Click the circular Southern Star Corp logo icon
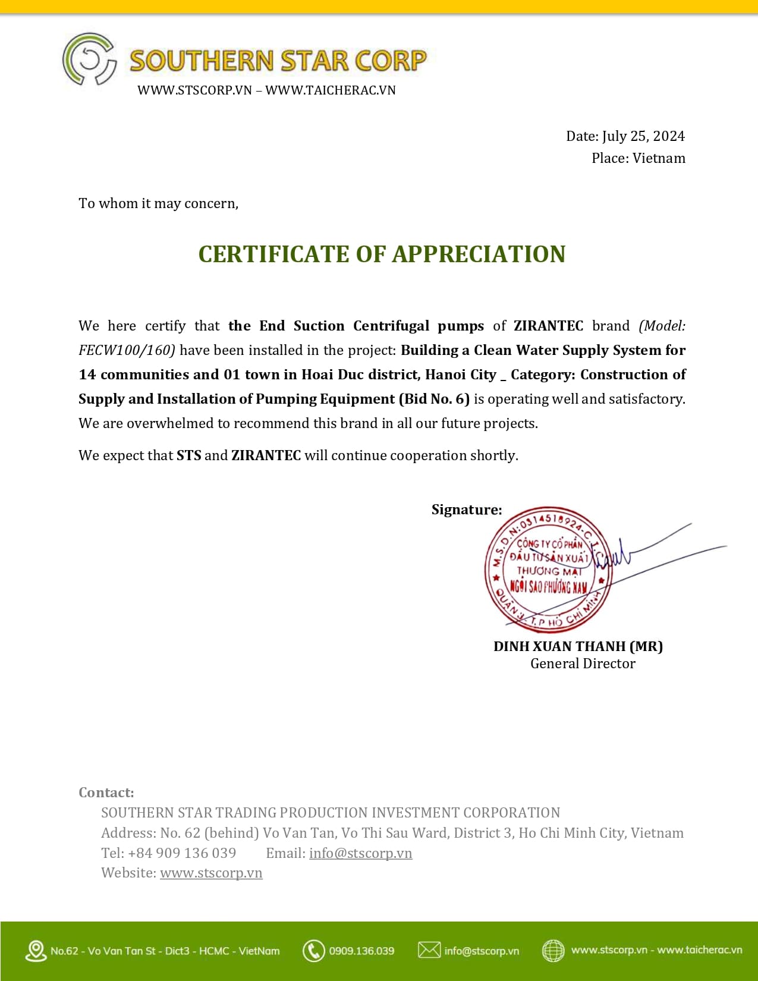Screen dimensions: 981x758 click(89, 59)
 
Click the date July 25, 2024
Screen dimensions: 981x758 click(643, 136)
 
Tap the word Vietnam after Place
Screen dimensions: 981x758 click(659, 158)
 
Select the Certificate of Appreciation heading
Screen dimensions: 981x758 click(382, 254)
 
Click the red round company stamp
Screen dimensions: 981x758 click(548, 569)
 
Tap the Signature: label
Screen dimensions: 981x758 click(467, 510)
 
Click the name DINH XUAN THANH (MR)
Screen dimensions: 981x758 click(578, 646)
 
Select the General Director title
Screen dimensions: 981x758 click(583, 664)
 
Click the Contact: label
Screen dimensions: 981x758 click(106, 793)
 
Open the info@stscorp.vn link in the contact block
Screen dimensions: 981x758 click(360, 853)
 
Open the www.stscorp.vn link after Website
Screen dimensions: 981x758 click(211, 873)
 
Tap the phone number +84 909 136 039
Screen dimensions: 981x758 click(182, 853)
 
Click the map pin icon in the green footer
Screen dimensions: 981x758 click(36, 951)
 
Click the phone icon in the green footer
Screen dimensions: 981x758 click(313, 951)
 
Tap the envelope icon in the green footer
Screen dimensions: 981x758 click(429, 950)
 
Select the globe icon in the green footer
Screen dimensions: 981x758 click(553, 950)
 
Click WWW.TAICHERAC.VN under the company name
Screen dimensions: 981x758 click(331, 90)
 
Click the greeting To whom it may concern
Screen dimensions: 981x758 click(158, 203)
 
